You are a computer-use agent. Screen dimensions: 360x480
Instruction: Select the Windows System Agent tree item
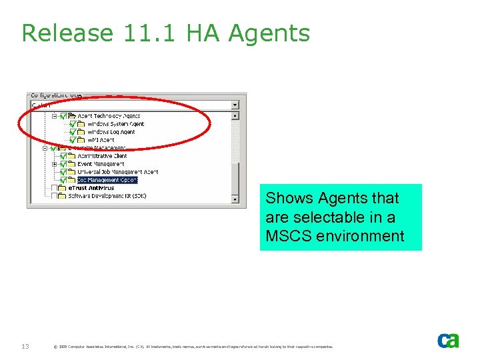[x=115, y=124]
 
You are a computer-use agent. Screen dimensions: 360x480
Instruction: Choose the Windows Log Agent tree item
[x=111, y=132]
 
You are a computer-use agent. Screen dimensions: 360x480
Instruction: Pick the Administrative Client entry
[x=102, y=156]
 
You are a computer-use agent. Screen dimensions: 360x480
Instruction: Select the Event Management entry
[x=101, y=164]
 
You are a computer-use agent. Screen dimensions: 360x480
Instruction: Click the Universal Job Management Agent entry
[x=118, y=172]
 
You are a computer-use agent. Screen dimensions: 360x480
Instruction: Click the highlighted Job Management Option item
[x=107, y=180]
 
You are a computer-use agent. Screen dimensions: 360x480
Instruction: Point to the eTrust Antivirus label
[x=91, y=188]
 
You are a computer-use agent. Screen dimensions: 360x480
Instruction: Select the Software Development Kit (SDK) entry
[x=107, y=196]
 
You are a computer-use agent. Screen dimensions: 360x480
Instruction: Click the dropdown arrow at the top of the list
[x=235, y=105]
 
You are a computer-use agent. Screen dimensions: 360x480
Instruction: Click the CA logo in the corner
[x=447, y=340]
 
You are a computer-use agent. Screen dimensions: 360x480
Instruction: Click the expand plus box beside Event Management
[x=55, y=164]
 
